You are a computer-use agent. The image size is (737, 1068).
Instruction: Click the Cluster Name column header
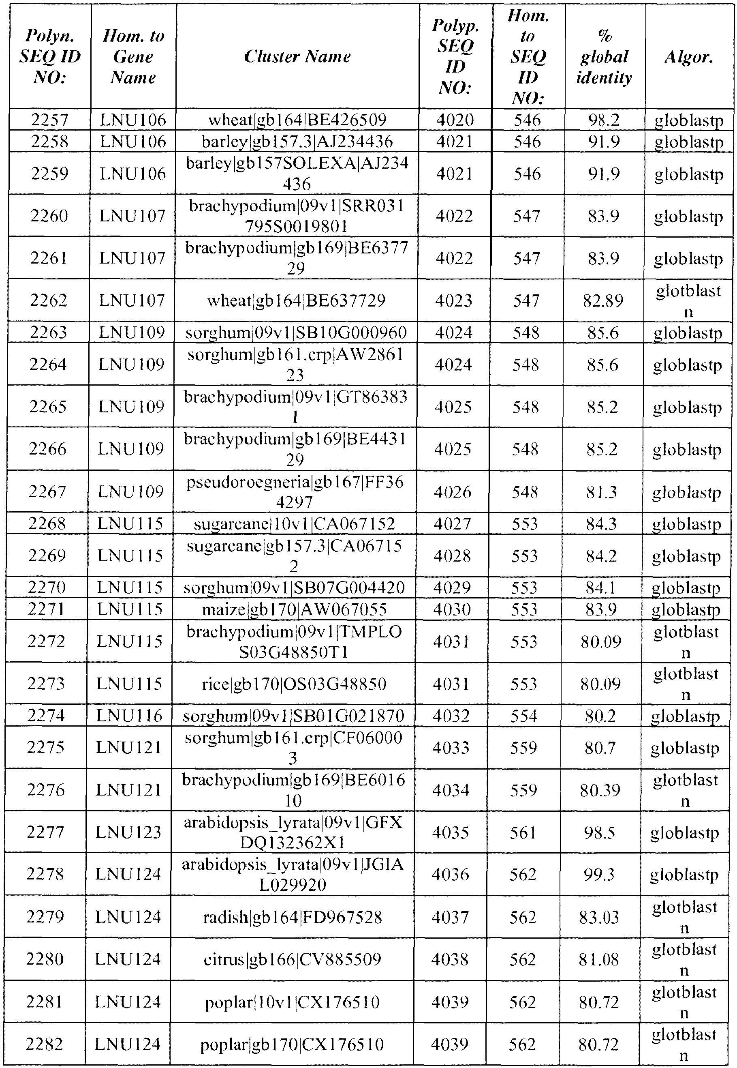(297, 56)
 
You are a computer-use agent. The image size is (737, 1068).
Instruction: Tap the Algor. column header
(688, 56)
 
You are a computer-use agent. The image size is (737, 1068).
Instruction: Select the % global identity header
(604, 56)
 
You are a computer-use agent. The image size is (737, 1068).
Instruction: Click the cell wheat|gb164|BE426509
(297, 120)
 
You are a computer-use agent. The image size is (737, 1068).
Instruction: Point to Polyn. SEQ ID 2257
(49, 120)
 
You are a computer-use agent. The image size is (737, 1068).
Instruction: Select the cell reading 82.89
(602, 301)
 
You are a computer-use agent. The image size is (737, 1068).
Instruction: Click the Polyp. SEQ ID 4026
(453, 492)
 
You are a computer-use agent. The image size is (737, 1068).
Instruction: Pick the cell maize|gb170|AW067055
(294, 609)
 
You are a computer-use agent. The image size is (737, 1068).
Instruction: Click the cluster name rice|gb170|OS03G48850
(294, 684)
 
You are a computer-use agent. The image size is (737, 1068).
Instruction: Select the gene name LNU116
(129, 716)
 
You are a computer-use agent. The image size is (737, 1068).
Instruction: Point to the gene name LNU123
(128, 832)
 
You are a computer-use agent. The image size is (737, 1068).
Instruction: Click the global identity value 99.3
(599, 874)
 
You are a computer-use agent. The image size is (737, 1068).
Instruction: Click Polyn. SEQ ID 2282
(44, 1044)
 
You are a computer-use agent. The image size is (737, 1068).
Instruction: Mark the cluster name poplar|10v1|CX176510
(292, 1002)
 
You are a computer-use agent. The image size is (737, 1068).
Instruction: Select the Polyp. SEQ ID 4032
(451, 716)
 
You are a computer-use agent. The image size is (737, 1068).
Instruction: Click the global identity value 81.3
(602, 492)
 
